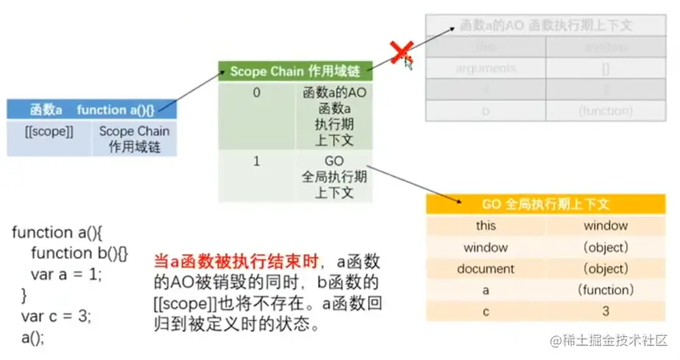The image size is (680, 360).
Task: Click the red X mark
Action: click(x=400, y=52)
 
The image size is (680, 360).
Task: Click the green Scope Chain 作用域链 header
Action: click(x=295, y=71)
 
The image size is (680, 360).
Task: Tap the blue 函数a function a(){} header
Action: click(x=92, y=110)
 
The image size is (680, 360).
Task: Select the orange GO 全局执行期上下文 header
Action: click(x=545, y=204)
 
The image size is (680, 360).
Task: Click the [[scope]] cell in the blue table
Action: click(x=49, y=132)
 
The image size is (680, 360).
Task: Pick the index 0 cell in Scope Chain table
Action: click(x=256, y=93)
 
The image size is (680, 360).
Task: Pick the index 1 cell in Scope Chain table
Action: click(x=256, y=161)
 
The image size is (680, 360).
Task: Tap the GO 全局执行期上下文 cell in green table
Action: click(x=333, y=177)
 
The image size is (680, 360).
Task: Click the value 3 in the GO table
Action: click(x=605, y=311)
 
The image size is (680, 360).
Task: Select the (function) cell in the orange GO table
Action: click(x=605, y=290)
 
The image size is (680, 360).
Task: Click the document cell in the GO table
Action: click(x=486, y=269)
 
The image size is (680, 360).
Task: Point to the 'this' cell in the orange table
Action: click(x=486, y=226)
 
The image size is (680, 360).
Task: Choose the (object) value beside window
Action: click(x=605, y=247)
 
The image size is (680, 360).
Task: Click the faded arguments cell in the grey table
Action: click(x=486, y=68)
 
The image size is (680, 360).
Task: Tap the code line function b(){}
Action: click(x=79, y=253)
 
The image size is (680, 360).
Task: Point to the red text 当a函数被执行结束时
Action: click(x=235, y=261)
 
